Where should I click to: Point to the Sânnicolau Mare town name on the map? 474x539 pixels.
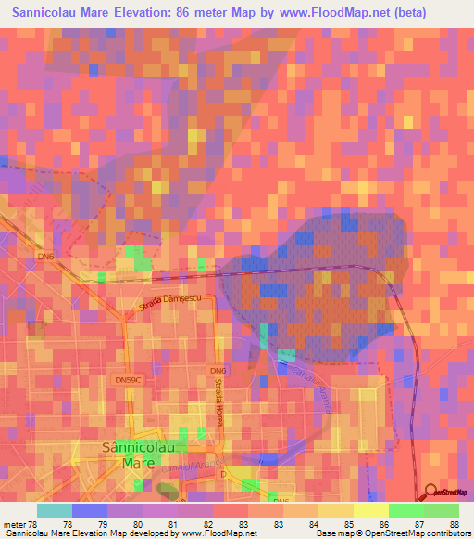click(133, 455)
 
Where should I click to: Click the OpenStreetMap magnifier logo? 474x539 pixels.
click(430, 494)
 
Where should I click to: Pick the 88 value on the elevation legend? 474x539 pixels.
click(454, 523)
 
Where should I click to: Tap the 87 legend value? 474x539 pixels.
click(419, 523)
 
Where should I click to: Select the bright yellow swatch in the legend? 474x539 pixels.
click(370, 510)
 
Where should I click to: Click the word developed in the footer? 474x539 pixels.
click(151, 533)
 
